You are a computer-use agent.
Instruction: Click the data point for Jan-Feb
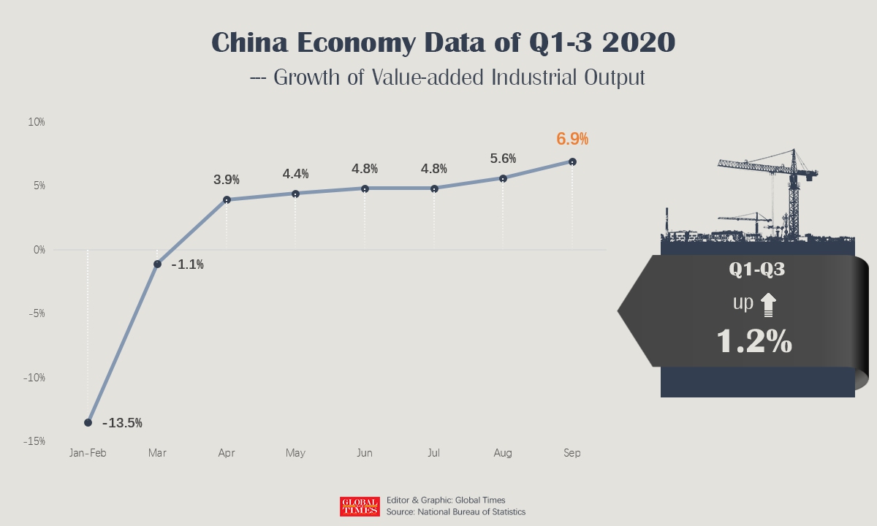[88, 422]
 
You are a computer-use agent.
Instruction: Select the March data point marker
[157, 264]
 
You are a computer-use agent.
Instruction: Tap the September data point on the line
[572, 161]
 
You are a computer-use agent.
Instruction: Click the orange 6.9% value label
[572, 139]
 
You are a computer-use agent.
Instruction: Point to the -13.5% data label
[122, 423]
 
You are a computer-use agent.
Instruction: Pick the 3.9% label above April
[227, 180]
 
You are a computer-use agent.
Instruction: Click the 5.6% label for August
[503, 159]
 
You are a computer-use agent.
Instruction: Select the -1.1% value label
[187, 265]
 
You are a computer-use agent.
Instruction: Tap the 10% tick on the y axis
[37, 122]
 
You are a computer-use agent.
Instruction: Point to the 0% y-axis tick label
[39, 250]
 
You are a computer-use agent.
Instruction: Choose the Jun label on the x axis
[364, 454]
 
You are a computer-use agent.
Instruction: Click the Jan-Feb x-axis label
[88, 454]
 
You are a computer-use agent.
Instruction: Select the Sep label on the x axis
[572, 454]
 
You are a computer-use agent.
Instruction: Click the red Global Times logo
[360, 506]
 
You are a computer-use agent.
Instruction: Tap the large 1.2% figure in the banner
[755, 341]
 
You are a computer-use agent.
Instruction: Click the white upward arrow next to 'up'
[767, 305]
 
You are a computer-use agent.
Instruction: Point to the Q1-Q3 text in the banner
[757, 270]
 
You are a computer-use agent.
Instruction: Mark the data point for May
[295, 194]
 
